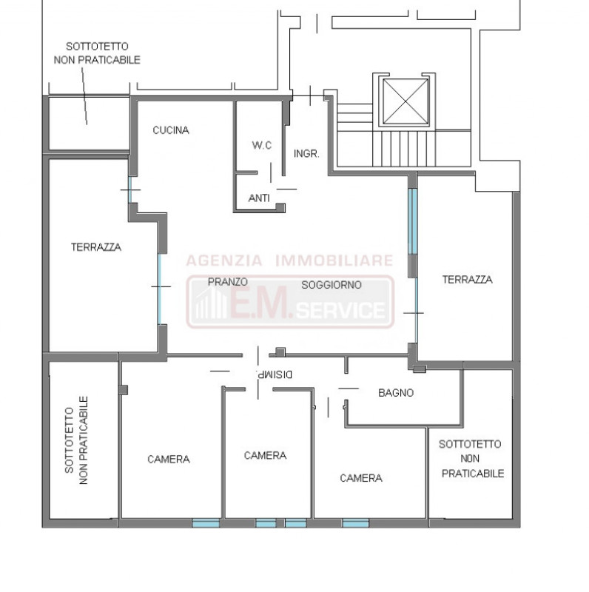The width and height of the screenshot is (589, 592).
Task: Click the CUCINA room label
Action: [x=171, y=130]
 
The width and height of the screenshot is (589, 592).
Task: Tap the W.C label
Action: [x=262, y=145]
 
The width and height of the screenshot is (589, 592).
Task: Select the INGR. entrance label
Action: [x=306, y=154]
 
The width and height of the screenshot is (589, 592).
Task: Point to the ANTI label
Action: [x=259, y=198]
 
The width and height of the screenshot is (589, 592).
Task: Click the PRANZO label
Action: [x=228, y=282]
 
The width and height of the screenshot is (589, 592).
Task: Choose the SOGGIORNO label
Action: [x=331, y=285]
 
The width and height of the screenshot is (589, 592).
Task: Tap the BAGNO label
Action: [x=396, y=393]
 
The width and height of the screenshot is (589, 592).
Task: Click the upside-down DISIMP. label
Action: [x=274, y=374]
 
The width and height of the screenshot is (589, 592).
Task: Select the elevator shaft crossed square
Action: [x=405, y=101]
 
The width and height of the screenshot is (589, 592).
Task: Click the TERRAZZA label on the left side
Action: [x=96, y=247]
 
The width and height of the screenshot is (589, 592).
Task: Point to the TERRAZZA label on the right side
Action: [x=468, y=280]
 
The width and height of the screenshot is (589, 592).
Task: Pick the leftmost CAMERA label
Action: [x=169, y=460]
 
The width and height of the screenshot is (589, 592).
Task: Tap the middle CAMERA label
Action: [x=265, y=456]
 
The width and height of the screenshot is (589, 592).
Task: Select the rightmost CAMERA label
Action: [x=361, y=478]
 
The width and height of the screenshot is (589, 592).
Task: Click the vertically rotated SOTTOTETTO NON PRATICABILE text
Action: [x=76, y=440]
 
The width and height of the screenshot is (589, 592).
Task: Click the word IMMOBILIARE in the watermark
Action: [x=334, y=260]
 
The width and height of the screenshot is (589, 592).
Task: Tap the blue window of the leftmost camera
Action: [x=206, y=523]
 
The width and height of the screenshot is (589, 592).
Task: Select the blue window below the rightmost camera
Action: [x=355, y=523]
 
